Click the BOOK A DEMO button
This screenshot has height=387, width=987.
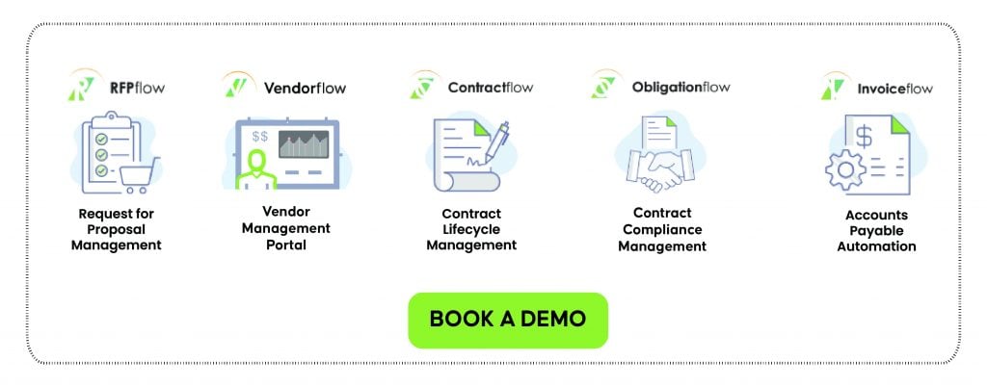[x=508, y=320]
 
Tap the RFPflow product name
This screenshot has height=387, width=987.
[x=137, y=88]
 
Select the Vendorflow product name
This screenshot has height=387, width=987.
[x=305, y=88]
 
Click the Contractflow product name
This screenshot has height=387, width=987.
[x=491, y=88]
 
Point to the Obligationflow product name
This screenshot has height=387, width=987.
[x=681, y=87]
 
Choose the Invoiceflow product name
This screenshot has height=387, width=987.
[x=894, y=89]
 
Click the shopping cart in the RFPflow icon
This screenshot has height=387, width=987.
[x=139, y=174]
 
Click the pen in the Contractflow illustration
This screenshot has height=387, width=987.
[x=497, y=143]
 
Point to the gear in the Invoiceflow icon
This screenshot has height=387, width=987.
[x=845, y=169]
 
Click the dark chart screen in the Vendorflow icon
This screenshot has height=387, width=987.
[x=304, y=144]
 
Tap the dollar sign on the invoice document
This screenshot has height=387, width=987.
[x=865, y=137]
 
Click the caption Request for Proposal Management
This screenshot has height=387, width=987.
[x=117, y=230]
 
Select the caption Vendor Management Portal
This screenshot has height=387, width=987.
[x=285, y=227]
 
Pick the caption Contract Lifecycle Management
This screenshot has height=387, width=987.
[x=471, y=230]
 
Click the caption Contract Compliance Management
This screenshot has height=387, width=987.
[x=662, y=230]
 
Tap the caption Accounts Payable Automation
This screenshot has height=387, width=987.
[x=876, y=231]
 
